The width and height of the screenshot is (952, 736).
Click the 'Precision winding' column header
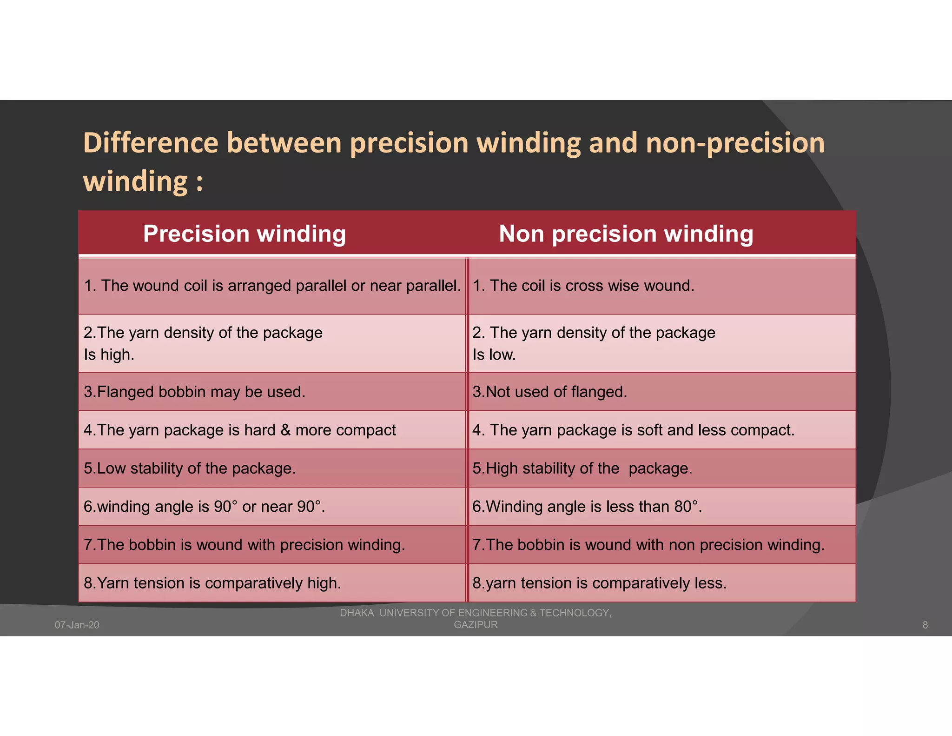click(245, 234)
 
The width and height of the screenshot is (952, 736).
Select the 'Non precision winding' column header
click(626, 234)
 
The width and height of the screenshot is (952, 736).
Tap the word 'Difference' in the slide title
click(150, 143)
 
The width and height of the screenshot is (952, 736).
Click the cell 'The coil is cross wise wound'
click(583, 286)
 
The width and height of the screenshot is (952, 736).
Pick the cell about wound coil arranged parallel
click(272, 286)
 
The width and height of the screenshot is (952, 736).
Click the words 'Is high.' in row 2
click(109, 355)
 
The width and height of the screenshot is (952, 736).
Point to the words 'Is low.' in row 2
click(494, 355)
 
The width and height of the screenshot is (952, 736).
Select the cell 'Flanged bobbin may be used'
click(194, 392)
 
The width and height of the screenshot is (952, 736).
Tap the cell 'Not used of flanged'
click(549, 392)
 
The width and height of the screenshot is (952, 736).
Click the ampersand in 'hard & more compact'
click(285, 430)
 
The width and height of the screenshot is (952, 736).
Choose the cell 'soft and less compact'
click(633, 430)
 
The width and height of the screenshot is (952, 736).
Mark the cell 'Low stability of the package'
click(190, 468)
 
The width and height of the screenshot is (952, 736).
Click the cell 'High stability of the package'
click(582, 468)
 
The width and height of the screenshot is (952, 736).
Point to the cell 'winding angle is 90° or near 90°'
click(204, 507)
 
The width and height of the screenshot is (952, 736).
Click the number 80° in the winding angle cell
click(687, 507)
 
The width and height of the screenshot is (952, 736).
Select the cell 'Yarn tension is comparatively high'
click(212, 583)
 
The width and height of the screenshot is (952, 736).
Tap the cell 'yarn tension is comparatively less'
click(599, 583)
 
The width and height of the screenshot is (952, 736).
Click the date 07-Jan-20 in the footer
click(77, 625)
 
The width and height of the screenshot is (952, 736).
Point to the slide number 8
click(925, 625)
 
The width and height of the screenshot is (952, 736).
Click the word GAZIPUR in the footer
click(476, 625)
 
